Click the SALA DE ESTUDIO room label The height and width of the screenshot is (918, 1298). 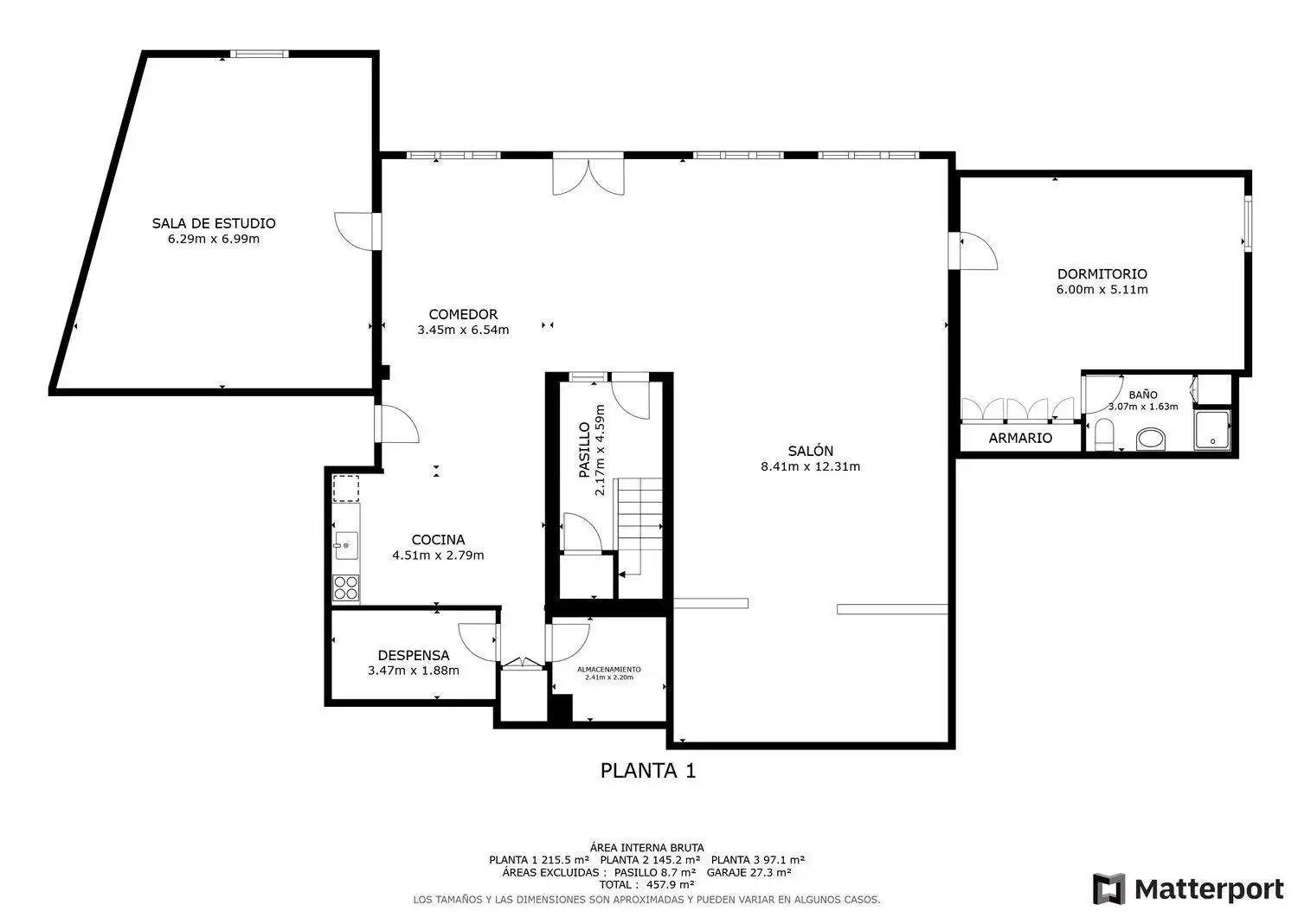point(214,223)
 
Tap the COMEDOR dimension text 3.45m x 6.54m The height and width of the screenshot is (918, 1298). point(463,330)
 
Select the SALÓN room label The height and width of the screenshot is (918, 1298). point(811,450)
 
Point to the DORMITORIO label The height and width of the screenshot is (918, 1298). point(1102,273)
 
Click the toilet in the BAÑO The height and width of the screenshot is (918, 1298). point(1104,434)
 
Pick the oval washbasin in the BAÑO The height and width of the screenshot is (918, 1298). point(1151,440)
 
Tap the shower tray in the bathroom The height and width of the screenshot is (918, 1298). point(1211,430)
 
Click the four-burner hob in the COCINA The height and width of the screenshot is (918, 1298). point(346,587)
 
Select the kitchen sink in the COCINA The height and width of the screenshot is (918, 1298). point(346,545)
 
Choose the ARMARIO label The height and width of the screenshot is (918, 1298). point(1020,438)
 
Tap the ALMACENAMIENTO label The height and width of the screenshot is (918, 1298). point(609,670)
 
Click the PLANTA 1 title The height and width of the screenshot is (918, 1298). point(648,770)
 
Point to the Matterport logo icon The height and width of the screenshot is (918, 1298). point(1109,889)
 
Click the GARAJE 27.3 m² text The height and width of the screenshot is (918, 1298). point(749,872)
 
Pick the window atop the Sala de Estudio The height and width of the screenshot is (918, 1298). point(259,54)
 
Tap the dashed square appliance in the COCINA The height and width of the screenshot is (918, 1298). point(346,489)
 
